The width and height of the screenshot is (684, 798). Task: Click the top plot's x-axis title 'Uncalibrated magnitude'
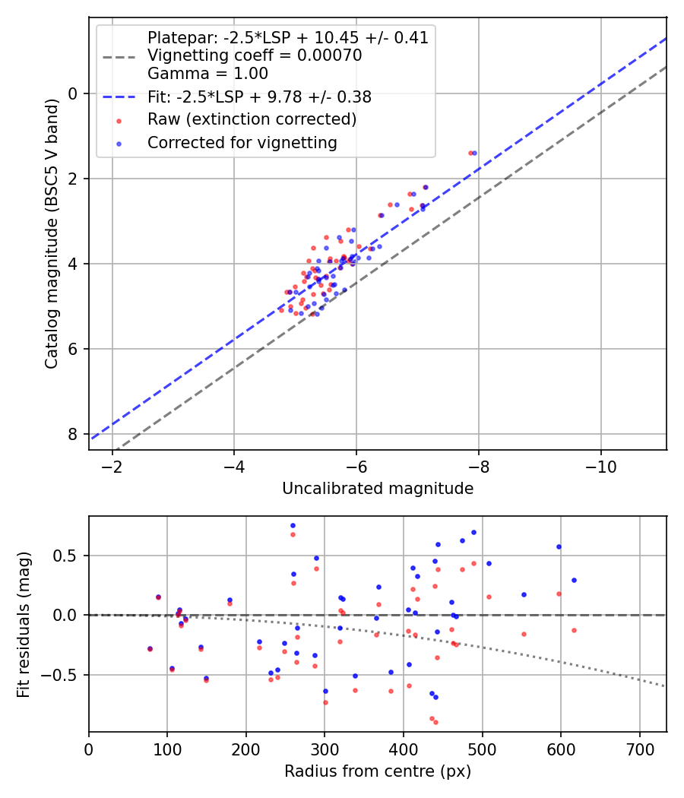tap(378, 489)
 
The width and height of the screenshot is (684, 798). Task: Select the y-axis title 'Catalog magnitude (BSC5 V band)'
tap(51, 233)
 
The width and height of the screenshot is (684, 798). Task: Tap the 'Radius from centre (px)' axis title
tap(378, 771)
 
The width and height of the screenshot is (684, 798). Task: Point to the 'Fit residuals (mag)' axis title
tap(24, 624)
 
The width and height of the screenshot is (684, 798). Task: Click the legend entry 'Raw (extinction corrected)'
tap(252, 119)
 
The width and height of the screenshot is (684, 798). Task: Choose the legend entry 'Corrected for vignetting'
tap(242, 142)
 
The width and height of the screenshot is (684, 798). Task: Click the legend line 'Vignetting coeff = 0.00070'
tap(255, 55)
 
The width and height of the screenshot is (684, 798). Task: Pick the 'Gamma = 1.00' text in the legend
tap(207, 74)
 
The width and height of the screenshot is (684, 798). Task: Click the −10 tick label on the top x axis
tap(600, 465)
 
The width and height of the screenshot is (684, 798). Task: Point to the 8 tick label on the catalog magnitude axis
tap(74, 434)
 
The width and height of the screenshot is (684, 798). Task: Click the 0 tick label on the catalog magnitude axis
tap(74, 93)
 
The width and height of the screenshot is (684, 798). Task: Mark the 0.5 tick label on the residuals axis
tap(68, 556)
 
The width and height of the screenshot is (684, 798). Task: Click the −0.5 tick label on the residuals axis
tap(63, 675)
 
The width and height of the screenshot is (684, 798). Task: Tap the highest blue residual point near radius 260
tap(293, 525)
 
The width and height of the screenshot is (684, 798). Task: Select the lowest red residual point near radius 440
tap(435, 722)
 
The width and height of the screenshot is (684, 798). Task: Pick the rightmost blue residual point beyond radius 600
tap(574, 580)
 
